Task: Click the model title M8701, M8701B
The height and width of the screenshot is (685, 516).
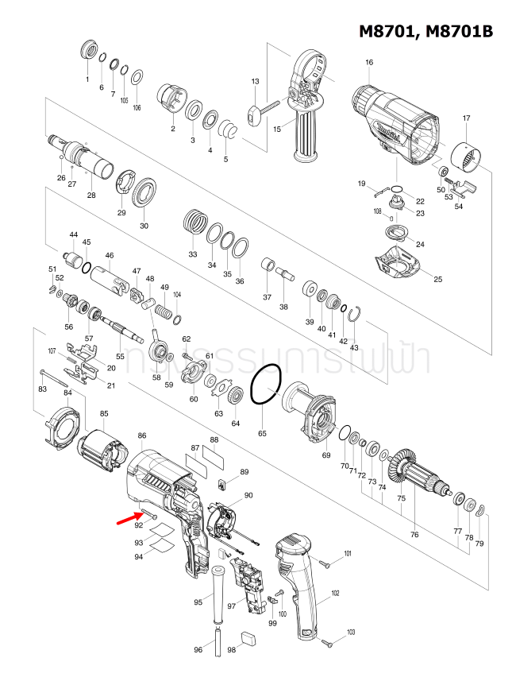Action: pyautogui.click(x=426, y=31)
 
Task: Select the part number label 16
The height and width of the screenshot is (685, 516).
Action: pyautogui.click(x=368, y=63)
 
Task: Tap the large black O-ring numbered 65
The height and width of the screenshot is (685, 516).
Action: pyautogui.click(x=265, y=386)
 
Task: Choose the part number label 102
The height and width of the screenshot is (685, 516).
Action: pyautogui.click(x=335, y=594)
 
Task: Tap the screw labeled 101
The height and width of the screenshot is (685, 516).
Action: pyautogui.click(x=325, y=563)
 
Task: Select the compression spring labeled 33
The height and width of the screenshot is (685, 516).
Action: pyautogui.click(x=193, y=220)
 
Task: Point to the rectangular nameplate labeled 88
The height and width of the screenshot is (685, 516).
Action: pyautogui.click(x=214, y=459)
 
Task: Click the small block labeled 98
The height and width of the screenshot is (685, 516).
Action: pyautogui.click(x=248, y=636)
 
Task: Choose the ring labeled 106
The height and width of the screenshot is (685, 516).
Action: pyautogui.click(x=137, y=77)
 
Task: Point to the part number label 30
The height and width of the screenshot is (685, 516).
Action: pyautogui.click(x=144, y=226)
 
